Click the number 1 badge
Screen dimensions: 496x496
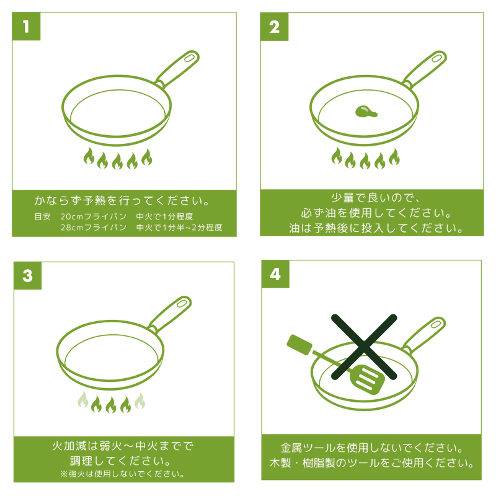point(26,26)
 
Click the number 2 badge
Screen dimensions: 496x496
point(274,27)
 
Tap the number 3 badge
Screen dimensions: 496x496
point(27,275)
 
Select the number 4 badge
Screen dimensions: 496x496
point(275,274)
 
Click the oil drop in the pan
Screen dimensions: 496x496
point(365,112)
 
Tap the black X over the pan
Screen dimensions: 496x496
point(364,347)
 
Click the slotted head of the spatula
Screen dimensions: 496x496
point(368,379)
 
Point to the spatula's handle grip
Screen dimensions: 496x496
point(299,345)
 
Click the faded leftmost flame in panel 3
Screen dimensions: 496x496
point(83,399)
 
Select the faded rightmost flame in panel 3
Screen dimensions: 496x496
point(140,401)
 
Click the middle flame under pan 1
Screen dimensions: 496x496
point(117,161)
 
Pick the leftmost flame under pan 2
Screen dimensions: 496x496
point(337,156)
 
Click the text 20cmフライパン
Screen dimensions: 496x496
point(94,216)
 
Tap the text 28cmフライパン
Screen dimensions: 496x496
point(94,228)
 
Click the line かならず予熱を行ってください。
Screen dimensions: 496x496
point(122,200)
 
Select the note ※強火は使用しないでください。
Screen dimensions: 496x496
point(123,474)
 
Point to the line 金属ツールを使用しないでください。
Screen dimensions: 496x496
point(372,448)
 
